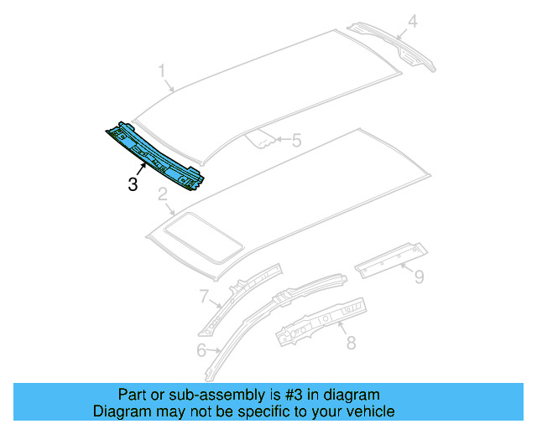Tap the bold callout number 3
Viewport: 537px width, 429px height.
click(133, 184)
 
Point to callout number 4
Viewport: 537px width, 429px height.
click(411, 21)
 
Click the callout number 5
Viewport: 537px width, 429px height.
click(295, 142)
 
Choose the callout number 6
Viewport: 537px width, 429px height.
click(201, 350)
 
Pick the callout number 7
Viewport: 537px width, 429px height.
click(203, 296)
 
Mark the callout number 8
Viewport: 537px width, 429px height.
click(351, 342)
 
